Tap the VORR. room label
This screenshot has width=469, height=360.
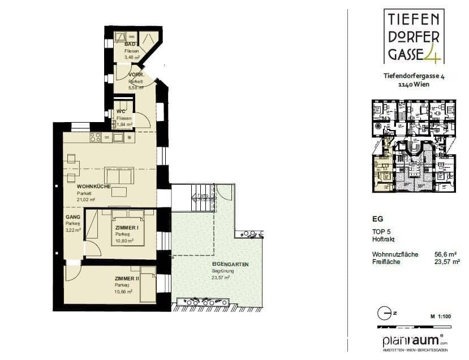[136, 75]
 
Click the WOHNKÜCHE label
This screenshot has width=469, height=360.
[90, 186]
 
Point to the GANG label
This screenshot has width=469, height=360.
[72, 216]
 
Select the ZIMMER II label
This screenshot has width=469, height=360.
[127, 279]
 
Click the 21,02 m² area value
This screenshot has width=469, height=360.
[87, 199]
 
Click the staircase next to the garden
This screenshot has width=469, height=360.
[195, 198]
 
